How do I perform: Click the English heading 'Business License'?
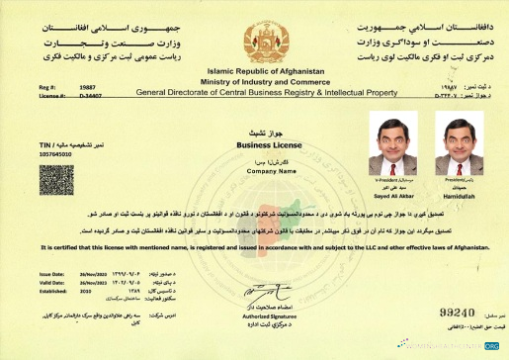coord(255,142)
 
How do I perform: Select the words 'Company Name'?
coord(255,169)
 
